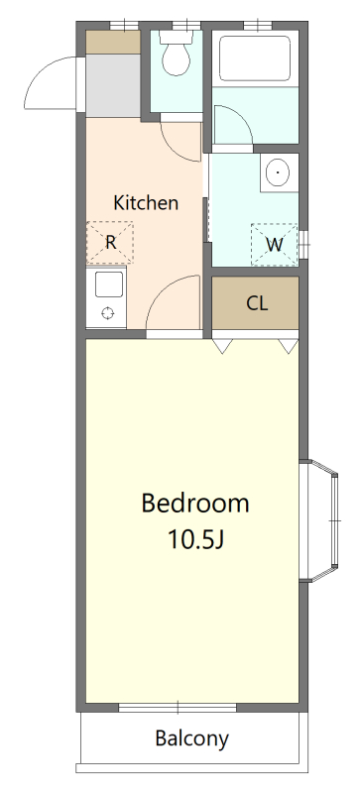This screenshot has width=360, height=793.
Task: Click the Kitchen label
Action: [x=146, y=203]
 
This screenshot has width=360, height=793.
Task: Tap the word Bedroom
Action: [x=195, y=504]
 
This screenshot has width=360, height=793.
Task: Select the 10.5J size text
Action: [x=195, y=540]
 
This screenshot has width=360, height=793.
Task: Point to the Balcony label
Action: [x=191, y=738]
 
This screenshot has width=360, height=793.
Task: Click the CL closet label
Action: [x=257, y=303]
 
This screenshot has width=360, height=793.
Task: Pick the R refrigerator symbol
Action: [x=110, y=242]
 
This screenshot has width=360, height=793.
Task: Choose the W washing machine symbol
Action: [x=275, y=245]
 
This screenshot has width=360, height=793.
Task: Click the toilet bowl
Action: [x=177, y=54]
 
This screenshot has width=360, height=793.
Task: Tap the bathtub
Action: [x=255, y=58]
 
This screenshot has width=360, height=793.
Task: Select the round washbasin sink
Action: [x=278, y=171]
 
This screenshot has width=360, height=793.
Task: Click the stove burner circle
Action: [x=108, y=312]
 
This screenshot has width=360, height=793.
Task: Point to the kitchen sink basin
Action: [x=109, y=284]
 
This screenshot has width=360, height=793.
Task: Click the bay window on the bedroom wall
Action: [x=324, y=520]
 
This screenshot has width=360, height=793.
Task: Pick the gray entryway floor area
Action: [x=113, y=85]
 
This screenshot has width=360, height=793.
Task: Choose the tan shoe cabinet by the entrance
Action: [x=113, y=42]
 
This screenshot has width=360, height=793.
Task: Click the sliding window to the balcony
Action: [x=178, y=708]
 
